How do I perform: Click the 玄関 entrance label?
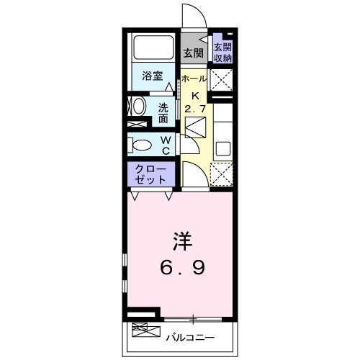pos(192,53)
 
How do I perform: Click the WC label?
pos(165,144)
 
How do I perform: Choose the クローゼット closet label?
pos(151,174)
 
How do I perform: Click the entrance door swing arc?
pos(190,14)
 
